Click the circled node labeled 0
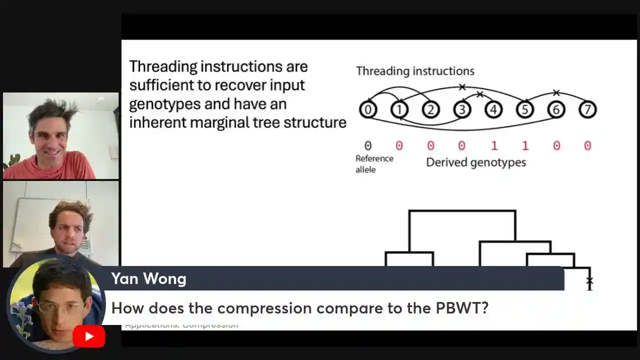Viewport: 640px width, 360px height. pos(368,109)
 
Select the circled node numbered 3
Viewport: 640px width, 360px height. pos(462,109)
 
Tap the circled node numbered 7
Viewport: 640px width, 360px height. pos(587,109)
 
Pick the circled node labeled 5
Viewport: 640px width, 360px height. pos(524,109)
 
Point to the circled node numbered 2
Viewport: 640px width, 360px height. pos(430,109)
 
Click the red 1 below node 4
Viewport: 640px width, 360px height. pos(494,145)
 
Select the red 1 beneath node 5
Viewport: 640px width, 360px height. pos(525,145)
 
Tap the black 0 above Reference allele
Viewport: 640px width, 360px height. pos(368,145)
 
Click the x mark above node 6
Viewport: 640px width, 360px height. pos(556,92)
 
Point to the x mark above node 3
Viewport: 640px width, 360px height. pos(462,87)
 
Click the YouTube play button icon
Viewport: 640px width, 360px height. pos(88,336)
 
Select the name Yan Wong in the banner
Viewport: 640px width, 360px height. pos(148,278)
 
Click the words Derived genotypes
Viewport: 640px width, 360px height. pos(475,162)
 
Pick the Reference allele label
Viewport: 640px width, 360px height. pos(374,164)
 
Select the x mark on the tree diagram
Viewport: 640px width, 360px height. pos(589,280)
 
